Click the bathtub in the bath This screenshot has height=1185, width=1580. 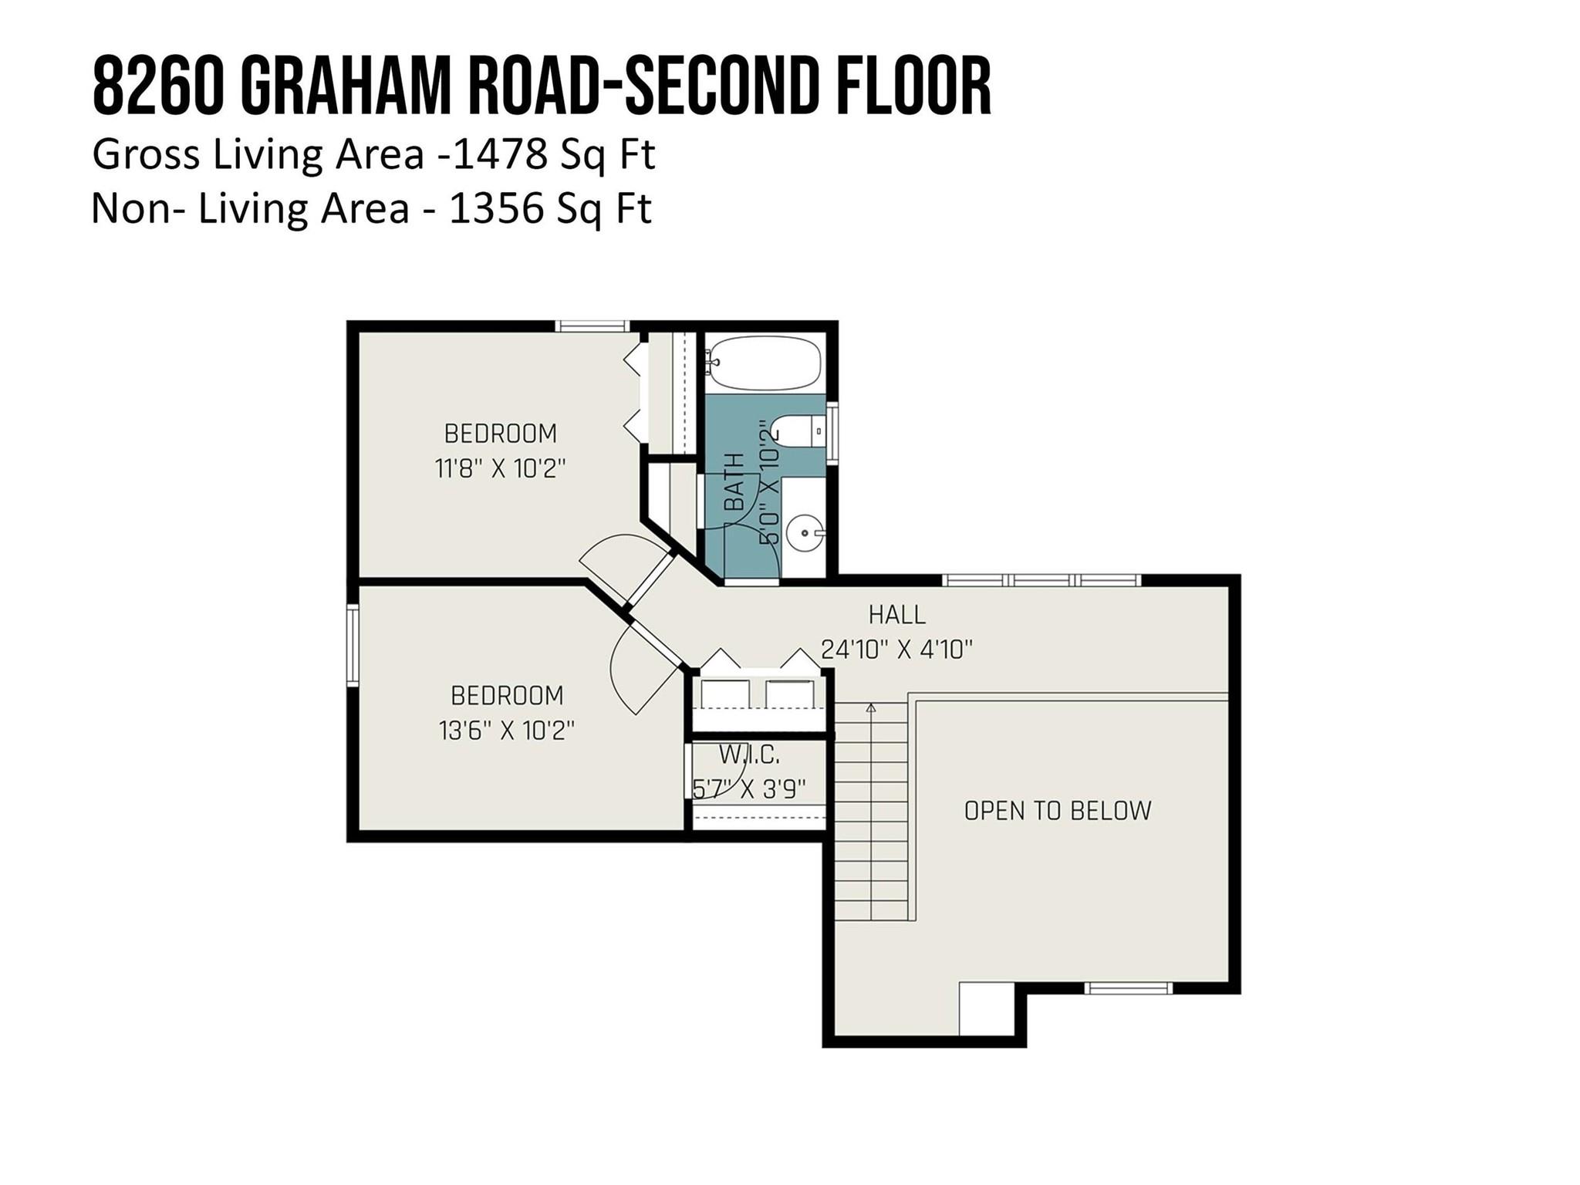(765, 363)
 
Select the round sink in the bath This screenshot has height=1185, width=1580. (805, 532)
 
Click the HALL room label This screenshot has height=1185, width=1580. (896, 615)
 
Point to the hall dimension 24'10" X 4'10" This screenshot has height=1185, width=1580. (896, 650)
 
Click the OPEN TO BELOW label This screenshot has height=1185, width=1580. (1057, 811)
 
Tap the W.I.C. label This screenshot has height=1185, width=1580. (748, 754)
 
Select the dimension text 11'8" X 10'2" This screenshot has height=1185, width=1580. (500, 468)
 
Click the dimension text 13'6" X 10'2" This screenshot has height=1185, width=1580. (506, 731)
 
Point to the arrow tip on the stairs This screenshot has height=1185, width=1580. (872, 707)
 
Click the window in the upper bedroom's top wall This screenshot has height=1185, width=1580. (592, 326)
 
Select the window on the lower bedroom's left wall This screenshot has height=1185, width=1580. (353, 645)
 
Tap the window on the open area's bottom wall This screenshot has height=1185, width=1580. (1128, 988)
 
